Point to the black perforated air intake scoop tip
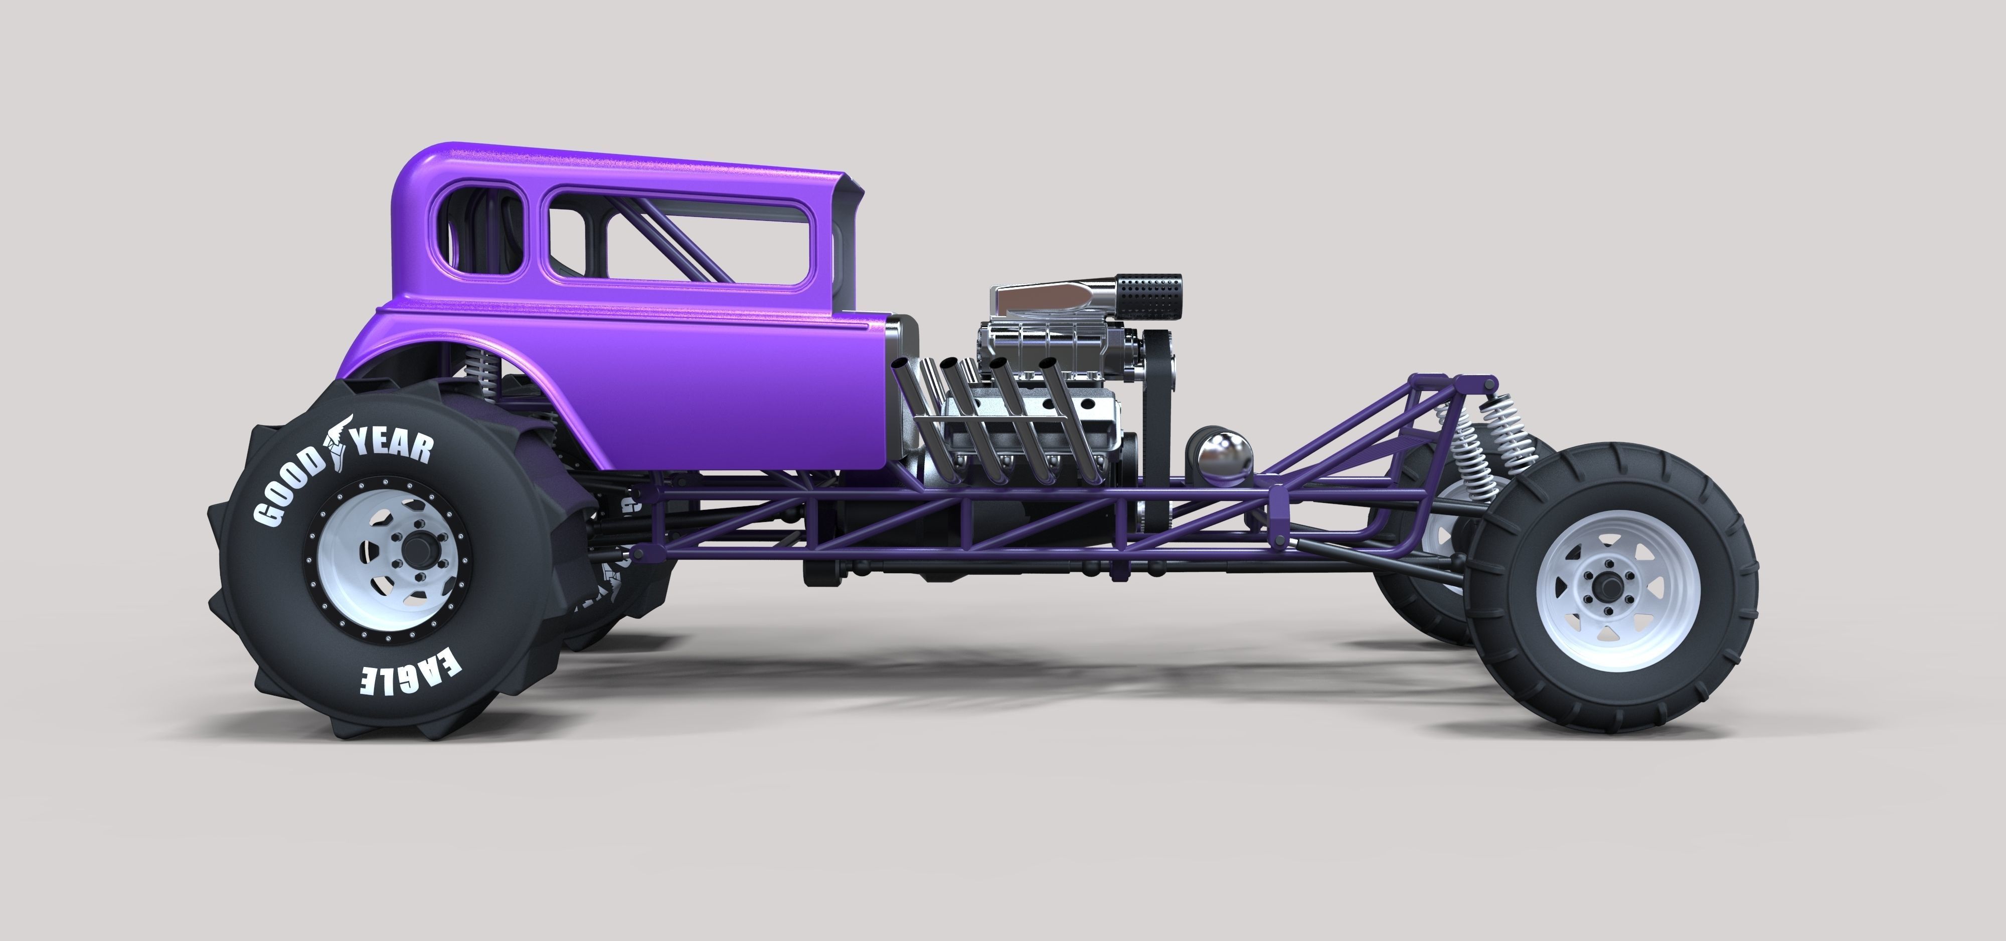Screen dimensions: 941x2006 (x=1151, y=298)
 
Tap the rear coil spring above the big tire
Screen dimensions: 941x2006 (x=488, y=374)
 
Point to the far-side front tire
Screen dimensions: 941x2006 (x=1410, y=577)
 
